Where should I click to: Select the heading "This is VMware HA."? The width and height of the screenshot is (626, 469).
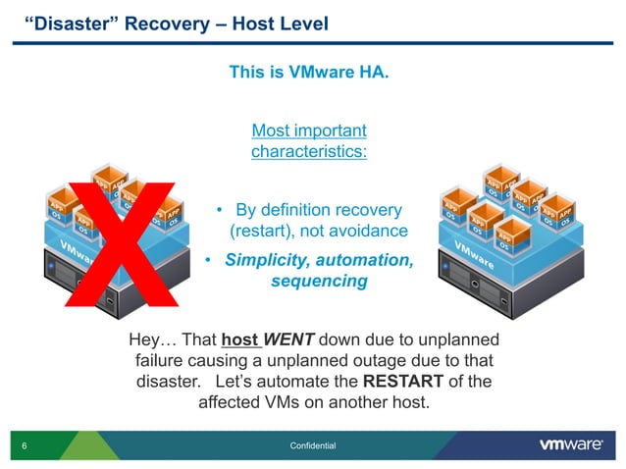pos(309,72)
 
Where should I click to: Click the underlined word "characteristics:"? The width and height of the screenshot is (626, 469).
pos(309,152)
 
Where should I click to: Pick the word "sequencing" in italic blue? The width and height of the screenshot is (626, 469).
pos(319,282)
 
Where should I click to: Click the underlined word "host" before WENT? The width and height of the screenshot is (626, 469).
pos(238,340)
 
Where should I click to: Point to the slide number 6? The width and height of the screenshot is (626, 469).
pos(23,446)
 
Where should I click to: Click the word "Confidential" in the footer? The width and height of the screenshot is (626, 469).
pos(313,446)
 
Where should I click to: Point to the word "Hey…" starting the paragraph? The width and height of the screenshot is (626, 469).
pos(151,340)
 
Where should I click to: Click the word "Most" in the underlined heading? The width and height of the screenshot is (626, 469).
pos(271,130)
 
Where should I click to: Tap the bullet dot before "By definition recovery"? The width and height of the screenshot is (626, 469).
pos(221,211)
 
